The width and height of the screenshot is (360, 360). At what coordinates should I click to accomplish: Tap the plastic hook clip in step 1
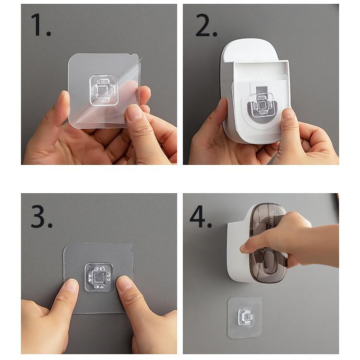click(104, 90)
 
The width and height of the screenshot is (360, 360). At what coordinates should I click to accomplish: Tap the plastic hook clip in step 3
click(98, 277)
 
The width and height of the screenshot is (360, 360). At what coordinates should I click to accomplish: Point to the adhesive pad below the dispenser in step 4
click(245, 317)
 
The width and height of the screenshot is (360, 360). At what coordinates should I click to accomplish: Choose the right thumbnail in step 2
click(288, 113)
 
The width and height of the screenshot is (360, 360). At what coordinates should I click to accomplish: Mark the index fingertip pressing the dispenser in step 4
click(244, 248)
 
